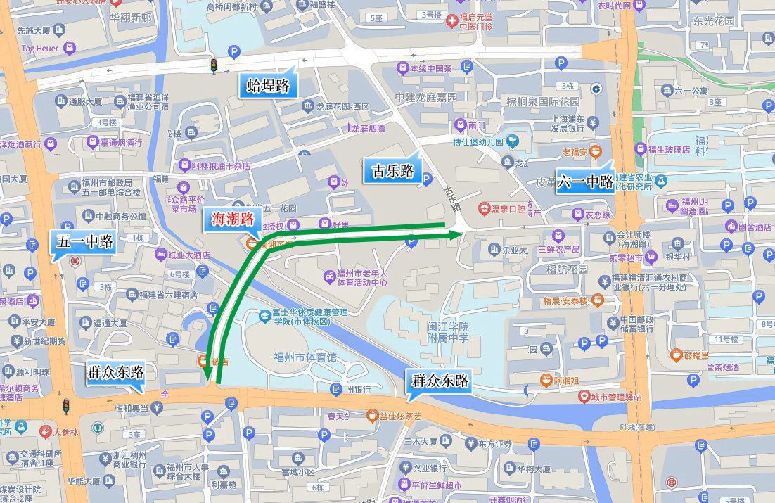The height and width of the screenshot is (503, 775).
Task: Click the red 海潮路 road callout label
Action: pos(233,219)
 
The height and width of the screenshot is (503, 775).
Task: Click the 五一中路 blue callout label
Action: pos(84,243)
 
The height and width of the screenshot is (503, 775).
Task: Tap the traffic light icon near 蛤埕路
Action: pos(213,66)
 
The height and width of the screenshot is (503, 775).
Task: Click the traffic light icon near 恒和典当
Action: pos(66,406)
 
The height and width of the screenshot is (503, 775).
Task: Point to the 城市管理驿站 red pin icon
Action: pos(584,397)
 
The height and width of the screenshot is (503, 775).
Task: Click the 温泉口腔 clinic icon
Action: pos(484,208)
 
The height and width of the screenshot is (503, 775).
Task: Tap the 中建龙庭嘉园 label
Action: pos(425,97)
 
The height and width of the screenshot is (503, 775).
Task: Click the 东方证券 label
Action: pos(497,444)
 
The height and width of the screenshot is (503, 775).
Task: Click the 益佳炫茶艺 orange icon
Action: pos(373,415)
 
